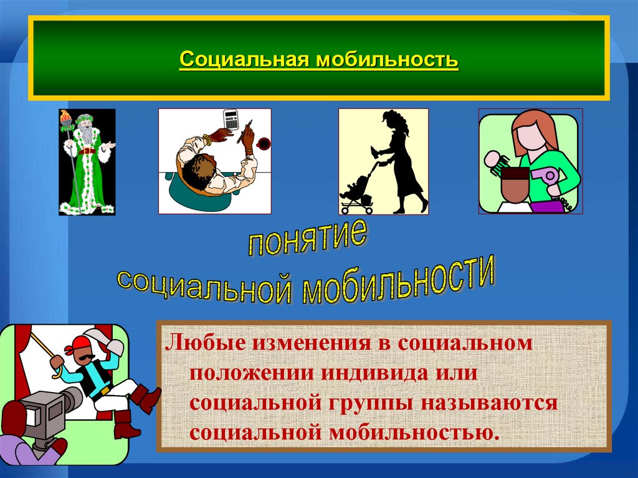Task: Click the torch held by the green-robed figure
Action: click(65, 119)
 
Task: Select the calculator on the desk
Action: click(231, 118)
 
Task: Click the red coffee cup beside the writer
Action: click(263, 143)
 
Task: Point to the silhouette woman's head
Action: click(392, 120)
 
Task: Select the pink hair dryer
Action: click(550, 178)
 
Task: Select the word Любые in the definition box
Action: click(199, 343)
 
